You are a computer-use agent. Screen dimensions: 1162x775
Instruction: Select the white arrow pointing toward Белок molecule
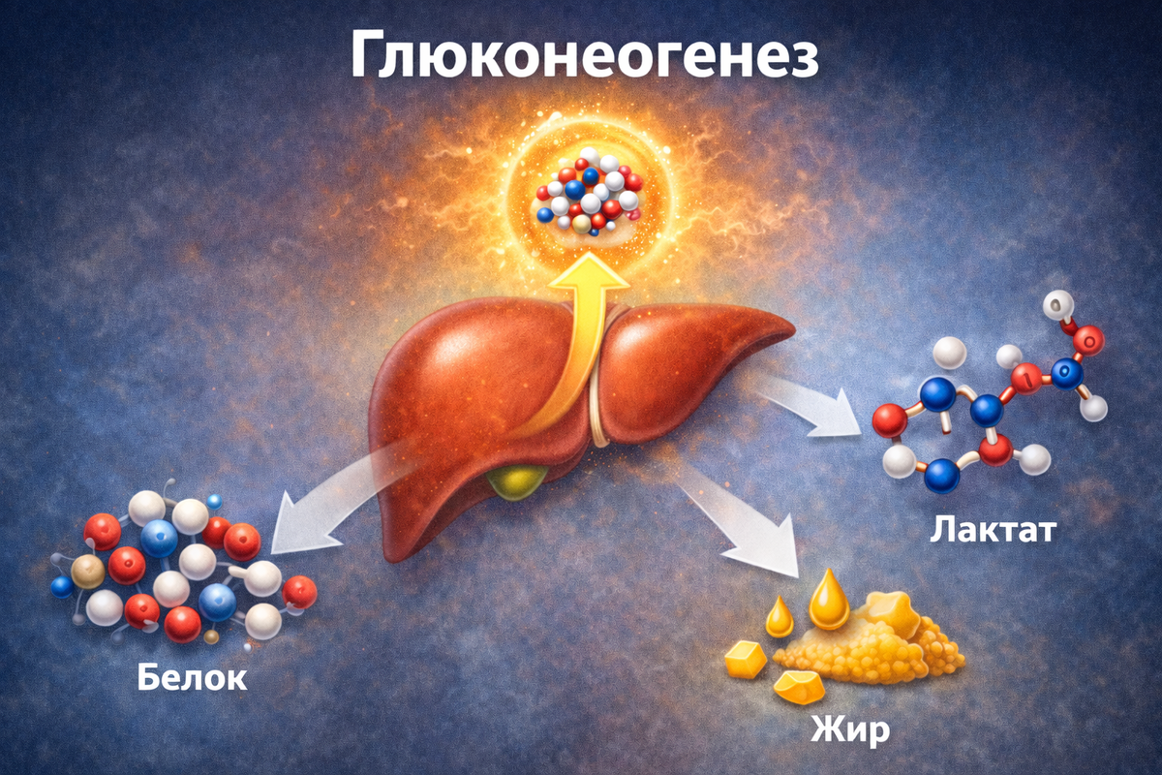point(310,513)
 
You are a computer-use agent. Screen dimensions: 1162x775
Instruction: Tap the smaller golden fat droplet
point(780,616)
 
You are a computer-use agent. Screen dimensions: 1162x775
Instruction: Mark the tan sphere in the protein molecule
point(87,572)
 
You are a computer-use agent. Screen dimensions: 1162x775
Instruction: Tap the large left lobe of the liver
point(465,387)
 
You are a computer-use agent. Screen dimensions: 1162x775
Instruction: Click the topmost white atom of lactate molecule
point(1054,307)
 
